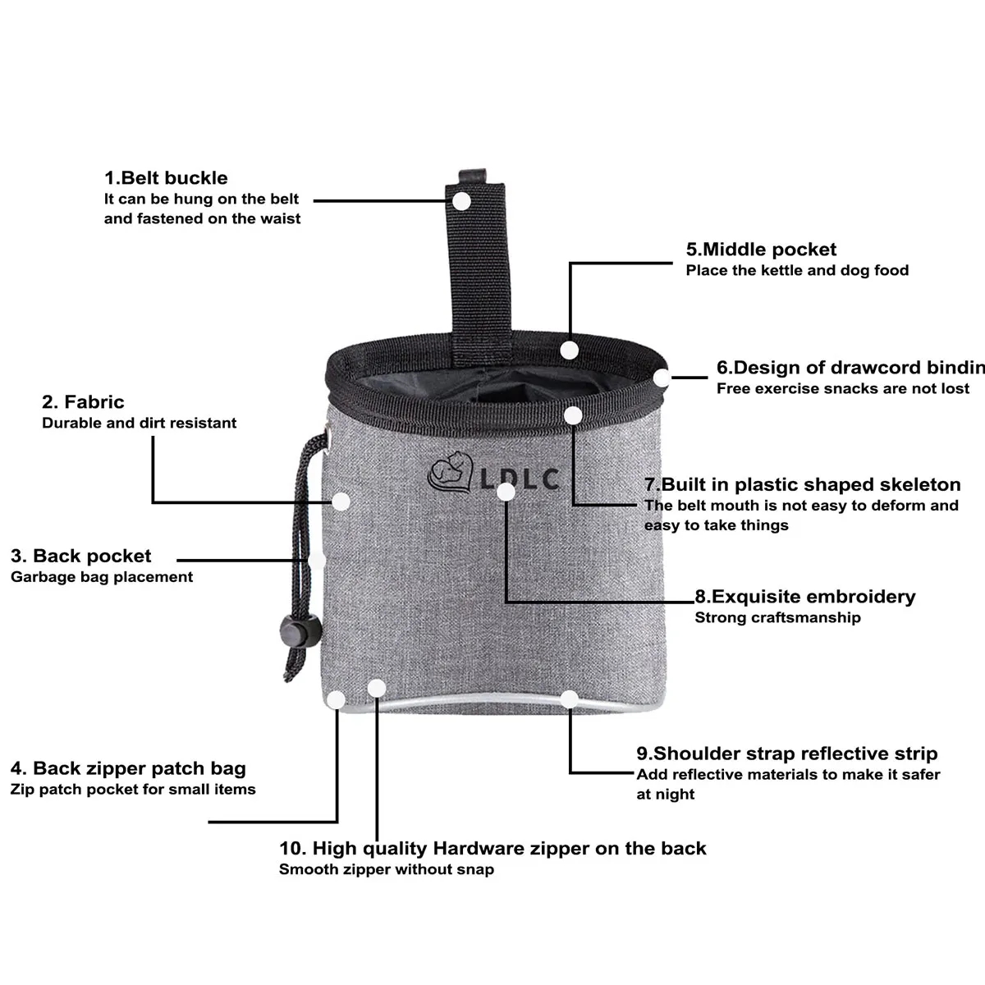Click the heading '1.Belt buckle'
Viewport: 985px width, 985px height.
(166, 178)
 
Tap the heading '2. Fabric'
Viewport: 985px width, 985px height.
(83, 401)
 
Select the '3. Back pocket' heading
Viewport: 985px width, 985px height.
(80, 556)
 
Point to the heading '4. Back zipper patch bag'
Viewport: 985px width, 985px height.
(128, 768)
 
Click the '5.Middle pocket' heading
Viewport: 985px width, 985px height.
(761, 250)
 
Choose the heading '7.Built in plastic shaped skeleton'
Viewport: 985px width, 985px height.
(803, 484)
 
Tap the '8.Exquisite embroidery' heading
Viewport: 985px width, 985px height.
(805, 597)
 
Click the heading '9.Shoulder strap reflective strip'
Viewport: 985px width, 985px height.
(787, 754)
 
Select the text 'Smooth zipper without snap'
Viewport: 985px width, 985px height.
(387, 869)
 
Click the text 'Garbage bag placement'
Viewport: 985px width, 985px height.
(102, 577)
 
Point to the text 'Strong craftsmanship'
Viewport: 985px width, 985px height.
(777, 617)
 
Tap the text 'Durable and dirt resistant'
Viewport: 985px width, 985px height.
(139, 423)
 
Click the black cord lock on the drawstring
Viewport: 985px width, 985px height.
(300, 630)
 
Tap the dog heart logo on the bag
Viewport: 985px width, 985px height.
(450, 473)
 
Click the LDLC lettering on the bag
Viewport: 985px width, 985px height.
(520, 479)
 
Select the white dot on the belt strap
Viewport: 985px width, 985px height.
(461, 201)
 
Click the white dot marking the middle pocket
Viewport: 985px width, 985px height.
(569, 350)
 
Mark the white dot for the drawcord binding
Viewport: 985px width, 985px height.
(662, 378)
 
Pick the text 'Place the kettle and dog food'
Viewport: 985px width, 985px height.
(797, 270)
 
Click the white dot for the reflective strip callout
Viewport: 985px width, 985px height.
(570, 699)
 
